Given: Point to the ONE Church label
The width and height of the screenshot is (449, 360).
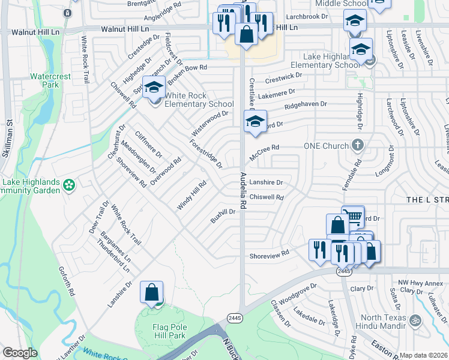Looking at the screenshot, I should click(327, 146).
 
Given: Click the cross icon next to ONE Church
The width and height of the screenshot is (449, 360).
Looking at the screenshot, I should click(358, 145).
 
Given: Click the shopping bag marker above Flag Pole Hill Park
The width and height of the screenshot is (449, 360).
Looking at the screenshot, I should click(151, 292).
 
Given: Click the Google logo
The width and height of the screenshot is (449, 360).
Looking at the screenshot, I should click(20, 353).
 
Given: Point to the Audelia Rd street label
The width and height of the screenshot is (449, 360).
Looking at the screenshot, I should click(243, 190).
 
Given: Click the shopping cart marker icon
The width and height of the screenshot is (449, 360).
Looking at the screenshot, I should click(354, 217).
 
